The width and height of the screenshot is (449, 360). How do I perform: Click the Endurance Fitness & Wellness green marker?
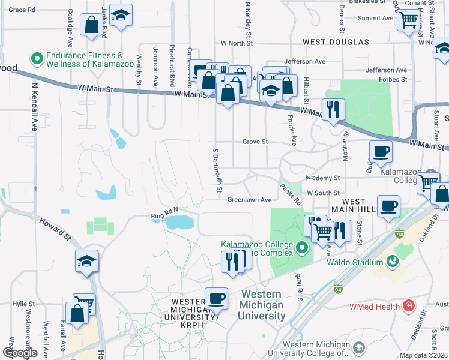37,59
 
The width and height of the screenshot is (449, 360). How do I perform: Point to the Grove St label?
254,142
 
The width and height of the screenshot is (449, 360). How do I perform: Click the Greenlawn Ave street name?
249,200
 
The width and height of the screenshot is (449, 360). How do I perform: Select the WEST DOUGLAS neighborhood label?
336,43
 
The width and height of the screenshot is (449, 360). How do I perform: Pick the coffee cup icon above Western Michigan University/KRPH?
216,298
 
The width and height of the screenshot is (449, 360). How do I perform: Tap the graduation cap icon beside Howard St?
86,261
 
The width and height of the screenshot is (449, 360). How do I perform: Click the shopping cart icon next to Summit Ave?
408,20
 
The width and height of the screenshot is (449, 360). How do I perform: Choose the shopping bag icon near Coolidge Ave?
92,26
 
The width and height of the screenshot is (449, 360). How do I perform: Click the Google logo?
20,353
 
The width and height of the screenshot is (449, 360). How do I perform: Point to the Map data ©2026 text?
424,355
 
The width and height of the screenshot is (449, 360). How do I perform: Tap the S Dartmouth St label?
218,170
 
